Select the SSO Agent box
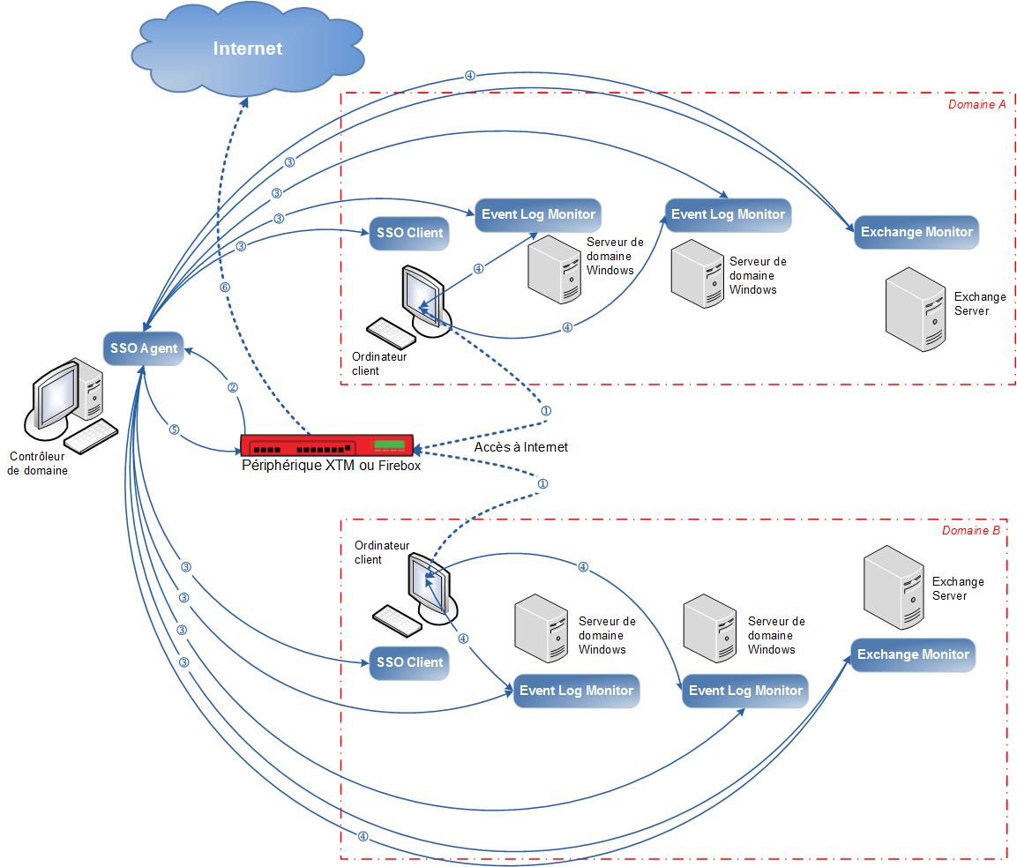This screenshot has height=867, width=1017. (x=145, y=348)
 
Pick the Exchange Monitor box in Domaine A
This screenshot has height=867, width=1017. (x=916, y=233)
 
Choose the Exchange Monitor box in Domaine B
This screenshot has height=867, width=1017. (x=913, y=654)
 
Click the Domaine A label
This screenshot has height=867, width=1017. (x=976, y=105)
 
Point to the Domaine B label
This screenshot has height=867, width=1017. (x=970, y=531)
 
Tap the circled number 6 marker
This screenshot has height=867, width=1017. (x=224, y=288)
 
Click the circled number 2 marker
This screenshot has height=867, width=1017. (x=233, y=387)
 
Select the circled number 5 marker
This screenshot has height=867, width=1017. (x=174, y=430)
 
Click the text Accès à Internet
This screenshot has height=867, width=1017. (x=520, y=447)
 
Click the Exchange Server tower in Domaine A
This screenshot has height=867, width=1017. (x=917, y=309)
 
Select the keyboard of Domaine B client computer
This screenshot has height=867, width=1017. (x=400, y=620)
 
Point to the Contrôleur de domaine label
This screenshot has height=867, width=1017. (x=37, y=463)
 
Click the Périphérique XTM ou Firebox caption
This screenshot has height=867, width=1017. (x=331, y=466)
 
